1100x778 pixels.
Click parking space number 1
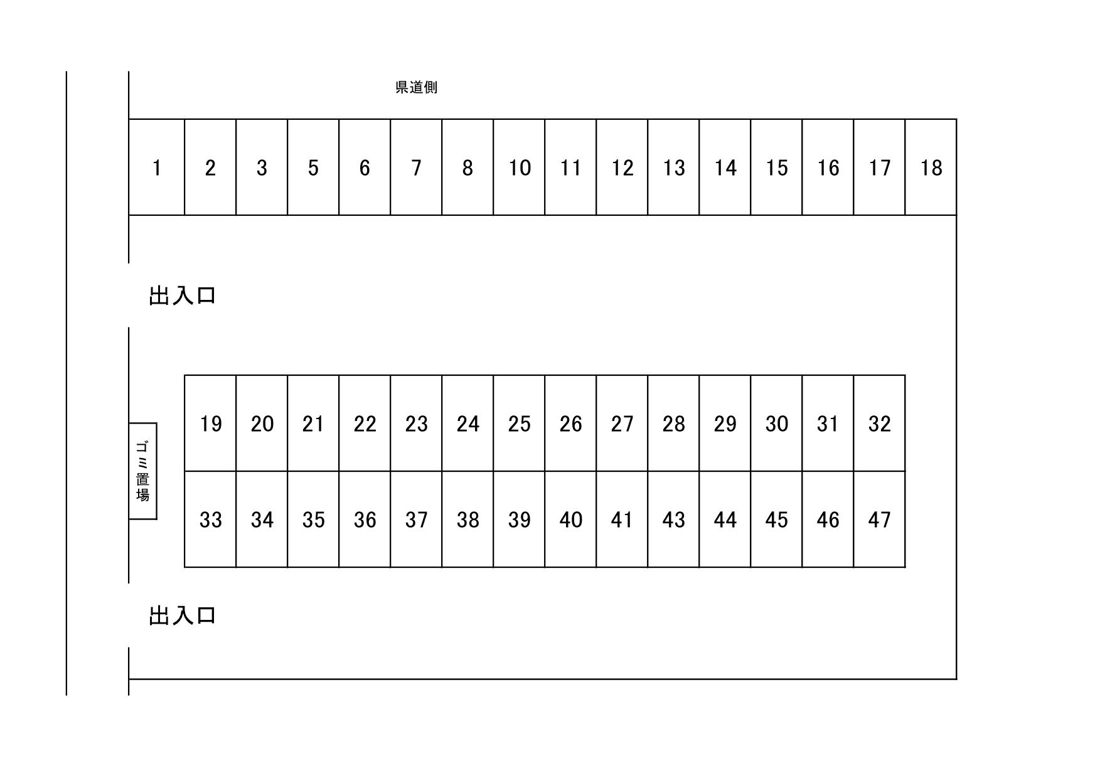point(157,168)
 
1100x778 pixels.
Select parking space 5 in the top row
point(313,168)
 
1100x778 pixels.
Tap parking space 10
point(519,168)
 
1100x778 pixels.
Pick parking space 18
point(931,168)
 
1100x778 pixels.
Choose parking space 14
point(725,168)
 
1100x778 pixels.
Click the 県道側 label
point(416,87)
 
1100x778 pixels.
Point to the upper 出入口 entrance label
point(182,296)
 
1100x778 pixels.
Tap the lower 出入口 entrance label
point(182,615)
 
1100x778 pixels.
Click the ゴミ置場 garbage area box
point(143,471)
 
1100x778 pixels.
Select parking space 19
point(210,424)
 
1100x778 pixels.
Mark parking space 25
point(519,424)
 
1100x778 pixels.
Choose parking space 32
point(879,424)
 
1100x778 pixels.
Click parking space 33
point(210,520)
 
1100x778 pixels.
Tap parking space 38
point(467,520)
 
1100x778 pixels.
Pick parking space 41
point(622,520)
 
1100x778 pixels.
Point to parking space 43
point(673,520)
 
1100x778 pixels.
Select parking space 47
point(879,520)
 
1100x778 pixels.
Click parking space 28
point(673,424)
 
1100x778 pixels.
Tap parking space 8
point(467,168)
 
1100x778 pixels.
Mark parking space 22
point(365,424)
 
